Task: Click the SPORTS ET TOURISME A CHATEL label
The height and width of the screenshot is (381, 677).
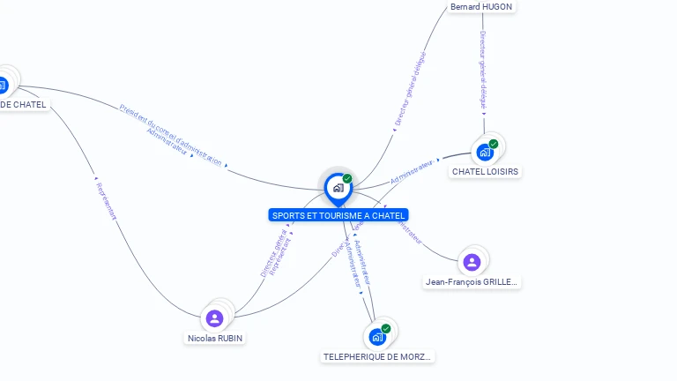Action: [338, 215]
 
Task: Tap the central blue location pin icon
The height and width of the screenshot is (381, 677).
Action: [338, 188]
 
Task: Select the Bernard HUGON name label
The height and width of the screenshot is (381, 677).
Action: [480, 7]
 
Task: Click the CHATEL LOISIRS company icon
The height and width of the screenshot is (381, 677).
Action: [485, 152]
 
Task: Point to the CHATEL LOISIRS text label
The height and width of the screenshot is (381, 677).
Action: [485, 172]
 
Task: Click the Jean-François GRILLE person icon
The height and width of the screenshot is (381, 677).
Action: [472, 262]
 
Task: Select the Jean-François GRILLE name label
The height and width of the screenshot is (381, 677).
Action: [472, 282]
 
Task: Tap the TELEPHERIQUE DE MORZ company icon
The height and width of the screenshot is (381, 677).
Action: [376, 337]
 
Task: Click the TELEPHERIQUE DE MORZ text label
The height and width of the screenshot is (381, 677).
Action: [377, 357]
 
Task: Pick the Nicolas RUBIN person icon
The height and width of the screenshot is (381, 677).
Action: [214, 318]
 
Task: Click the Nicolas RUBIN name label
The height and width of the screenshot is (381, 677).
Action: [215, 338]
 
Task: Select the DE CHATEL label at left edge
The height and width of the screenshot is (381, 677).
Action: [23, 105]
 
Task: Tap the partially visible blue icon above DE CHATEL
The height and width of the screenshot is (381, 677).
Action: [3, 86]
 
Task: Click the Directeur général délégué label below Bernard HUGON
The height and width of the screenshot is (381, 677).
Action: [483, 71]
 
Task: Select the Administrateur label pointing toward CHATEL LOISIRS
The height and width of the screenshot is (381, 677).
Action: [412, 171]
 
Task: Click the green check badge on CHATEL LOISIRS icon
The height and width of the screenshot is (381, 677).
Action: [494, 144]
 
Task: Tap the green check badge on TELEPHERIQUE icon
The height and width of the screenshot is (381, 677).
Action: [386, 328]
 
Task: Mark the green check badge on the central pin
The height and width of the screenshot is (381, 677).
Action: [347, 178]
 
